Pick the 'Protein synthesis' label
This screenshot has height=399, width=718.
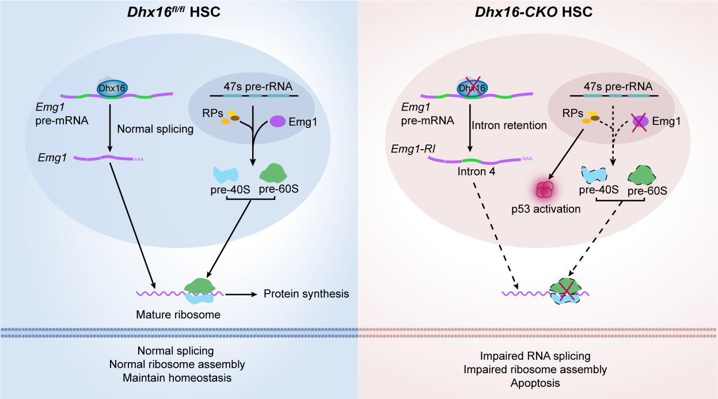coord(306,294)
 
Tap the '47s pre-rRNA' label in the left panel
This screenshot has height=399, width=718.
coord(253,88)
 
